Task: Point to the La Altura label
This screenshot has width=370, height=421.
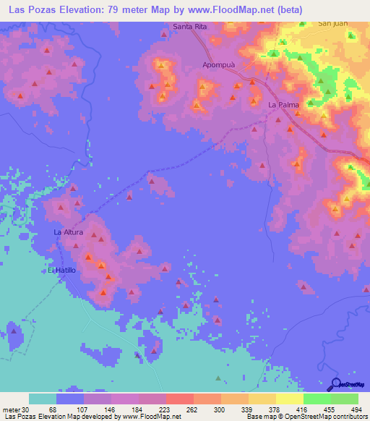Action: click(69, 232)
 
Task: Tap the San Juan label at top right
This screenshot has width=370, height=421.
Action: click(332, 23)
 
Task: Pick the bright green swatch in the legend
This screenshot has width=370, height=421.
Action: click(317, 399)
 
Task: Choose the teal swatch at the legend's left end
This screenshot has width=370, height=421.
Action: click(43, 399)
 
